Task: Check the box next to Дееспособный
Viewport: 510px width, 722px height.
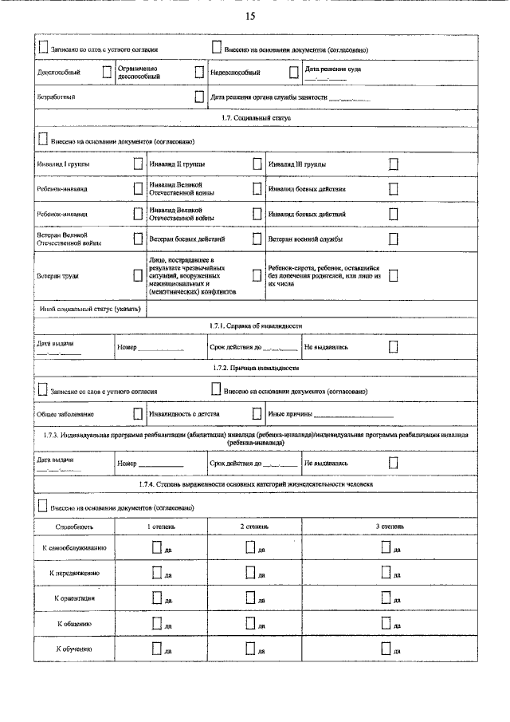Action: point(107,72)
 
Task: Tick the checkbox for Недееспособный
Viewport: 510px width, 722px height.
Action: point(293,72)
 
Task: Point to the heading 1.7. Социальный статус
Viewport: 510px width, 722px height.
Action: point(256,118)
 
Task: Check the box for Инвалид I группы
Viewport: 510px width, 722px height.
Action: point(138,164)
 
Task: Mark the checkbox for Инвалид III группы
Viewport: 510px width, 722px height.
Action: point(393,164)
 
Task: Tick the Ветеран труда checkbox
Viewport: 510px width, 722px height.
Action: point(138,275)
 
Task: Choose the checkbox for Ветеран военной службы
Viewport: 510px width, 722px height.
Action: point(393,239)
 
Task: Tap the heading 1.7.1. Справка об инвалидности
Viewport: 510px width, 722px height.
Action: point(256,325)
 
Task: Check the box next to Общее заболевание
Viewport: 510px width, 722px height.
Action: point(138,413)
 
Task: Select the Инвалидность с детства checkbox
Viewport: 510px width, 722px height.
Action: point(257,413)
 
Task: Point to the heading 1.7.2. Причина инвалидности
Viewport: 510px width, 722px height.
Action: point(256,369)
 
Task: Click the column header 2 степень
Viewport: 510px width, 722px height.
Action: point(255,527)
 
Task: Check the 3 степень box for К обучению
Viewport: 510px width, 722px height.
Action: point(386,648)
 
